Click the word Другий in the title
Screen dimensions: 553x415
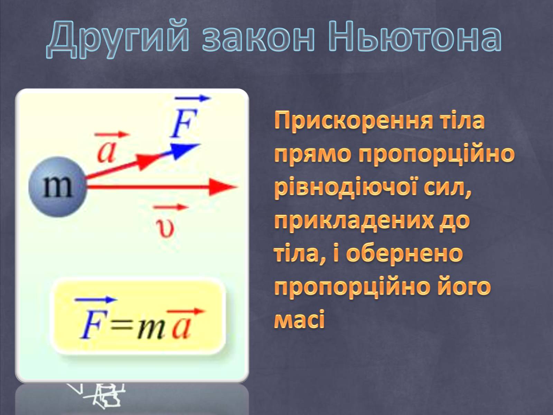click(118, 39)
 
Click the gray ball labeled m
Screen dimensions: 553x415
click(57, 187)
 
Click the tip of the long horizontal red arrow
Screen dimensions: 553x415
click(238, 187)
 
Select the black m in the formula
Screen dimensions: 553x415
click(150, 329)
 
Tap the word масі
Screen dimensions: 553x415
click(299, 320)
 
